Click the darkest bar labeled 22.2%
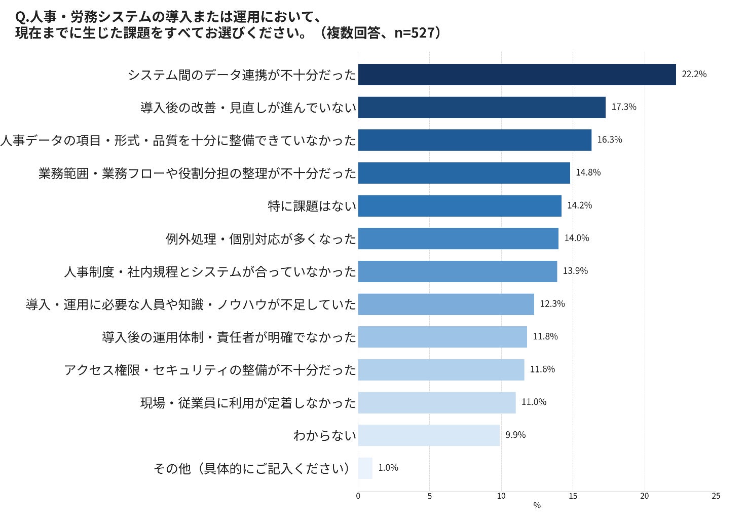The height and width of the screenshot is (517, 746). tap(517, 75)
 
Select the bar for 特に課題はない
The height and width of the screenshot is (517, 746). tap(460, 206)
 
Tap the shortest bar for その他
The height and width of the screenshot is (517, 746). tap(365, 468)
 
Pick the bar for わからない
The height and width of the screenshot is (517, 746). tap(429, 435)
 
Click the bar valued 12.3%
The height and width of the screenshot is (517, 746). tap(446, 304)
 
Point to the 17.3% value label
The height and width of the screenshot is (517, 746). tap(624, 107)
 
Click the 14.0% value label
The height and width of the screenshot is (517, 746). tap(577, 238)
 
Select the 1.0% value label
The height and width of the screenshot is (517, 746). tap(388, 468)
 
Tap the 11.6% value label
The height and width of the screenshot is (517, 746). tap(542, 369)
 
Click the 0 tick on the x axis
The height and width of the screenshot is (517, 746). tap(358, 496)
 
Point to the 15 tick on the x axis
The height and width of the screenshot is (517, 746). tap(573, 496)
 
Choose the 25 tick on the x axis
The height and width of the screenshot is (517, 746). tap(716, 496)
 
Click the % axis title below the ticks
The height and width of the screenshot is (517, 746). tap(537, 505)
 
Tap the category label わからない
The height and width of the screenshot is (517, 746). tap(325, 436)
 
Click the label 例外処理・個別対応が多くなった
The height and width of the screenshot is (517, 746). tap(261, 239)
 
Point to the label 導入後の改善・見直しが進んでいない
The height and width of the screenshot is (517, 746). tap(248, 108)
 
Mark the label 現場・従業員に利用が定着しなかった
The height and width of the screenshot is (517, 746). tap(248, 403)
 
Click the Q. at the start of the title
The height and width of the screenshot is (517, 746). tap(22, 17)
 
